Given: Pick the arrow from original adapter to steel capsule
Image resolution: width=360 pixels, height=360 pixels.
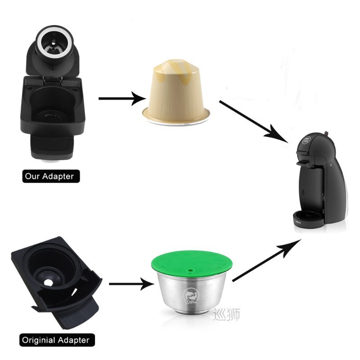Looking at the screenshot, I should point(131,284).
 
